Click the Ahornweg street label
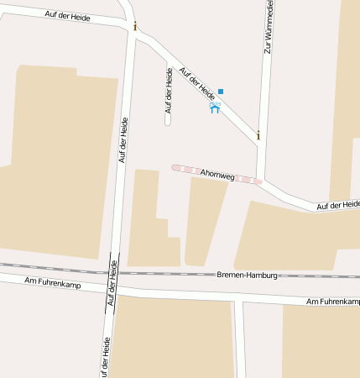(217, 173)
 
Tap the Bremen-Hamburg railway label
(247, 275)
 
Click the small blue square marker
(221, 91)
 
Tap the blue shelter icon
(214, 108)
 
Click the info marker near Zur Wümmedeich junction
(258, 135)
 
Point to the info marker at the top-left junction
(134, 26)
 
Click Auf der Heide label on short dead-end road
(169, 90)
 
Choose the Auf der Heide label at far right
(338, 204)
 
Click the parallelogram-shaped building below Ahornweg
(204, 221)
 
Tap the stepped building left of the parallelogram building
(149, 223)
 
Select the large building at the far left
(59, 160)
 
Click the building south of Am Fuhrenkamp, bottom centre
(173, 336)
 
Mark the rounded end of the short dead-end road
(168, 122)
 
